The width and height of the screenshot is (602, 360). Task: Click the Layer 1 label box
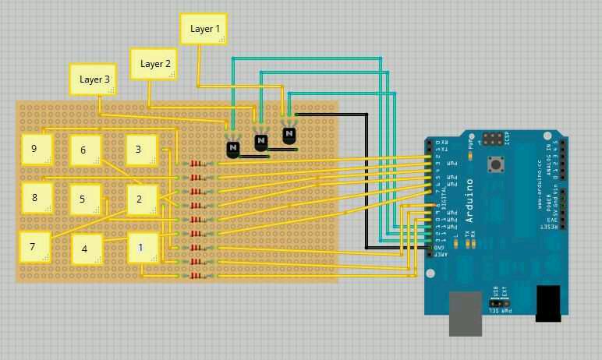click(204, 29)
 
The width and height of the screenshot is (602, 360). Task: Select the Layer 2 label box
click(154, 64)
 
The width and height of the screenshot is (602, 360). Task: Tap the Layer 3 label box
click(94, 79)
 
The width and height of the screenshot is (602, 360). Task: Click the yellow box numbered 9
click(36, 149)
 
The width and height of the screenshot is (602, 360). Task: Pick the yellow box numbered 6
click(84, 150)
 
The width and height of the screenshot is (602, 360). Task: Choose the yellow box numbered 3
click(141, 150)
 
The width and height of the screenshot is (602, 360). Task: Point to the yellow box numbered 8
click(36, 198)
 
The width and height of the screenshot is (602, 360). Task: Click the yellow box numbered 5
click(84, 199)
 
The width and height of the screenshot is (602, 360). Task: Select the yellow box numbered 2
click(141, 199)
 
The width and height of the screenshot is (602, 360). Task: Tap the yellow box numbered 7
click(34, 246)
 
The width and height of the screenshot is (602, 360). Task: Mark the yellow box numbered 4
click(86, 249)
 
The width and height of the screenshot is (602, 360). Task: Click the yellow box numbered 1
click(142, 248)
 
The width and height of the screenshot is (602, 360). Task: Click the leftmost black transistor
click(233, 148)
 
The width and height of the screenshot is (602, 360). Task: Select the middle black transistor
click(261, 142)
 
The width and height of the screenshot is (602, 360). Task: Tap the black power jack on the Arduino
click(548, 303)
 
